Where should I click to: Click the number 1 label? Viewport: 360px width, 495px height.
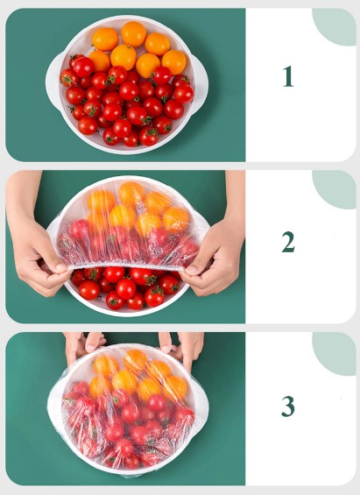point(288,76)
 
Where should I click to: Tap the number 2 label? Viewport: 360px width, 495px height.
point(288,242)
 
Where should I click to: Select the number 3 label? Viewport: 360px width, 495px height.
point(288,406)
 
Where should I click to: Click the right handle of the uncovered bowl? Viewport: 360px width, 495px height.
point(201,82)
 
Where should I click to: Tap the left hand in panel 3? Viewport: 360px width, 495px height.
point(82,344)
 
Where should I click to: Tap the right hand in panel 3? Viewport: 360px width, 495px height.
point(182,346)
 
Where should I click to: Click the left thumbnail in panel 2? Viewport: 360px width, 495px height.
point(62,267)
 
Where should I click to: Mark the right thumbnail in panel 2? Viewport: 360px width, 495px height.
point(192,269)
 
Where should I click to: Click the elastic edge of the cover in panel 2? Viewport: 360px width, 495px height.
point(126,265)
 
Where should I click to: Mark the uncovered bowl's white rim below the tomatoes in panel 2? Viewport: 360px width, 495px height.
point(126,312)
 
